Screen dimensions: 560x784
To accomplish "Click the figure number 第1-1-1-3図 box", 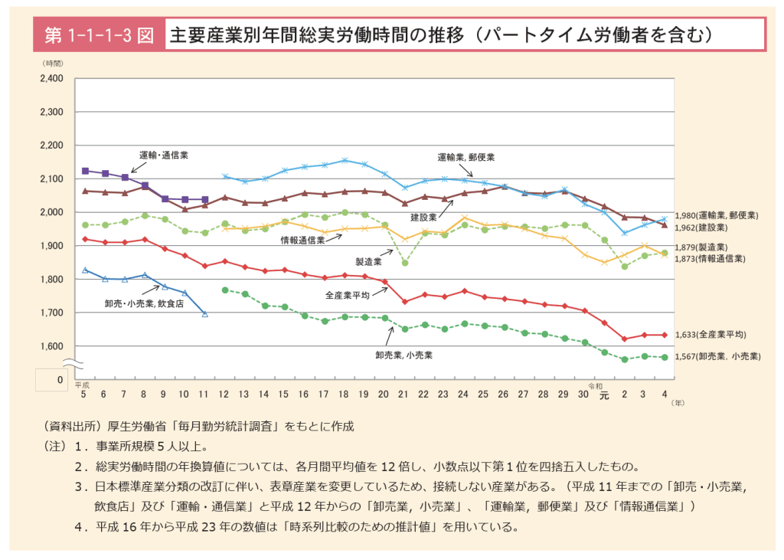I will click(x=99, y=35).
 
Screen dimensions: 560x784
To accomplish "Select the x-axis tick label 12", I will click(x=224, y=394).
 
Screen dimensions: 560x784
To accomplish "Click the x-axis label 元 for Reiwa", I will click(x=603, y=395).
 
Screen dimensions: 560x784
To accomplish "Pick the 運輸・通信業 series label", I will click(x=163, y=155).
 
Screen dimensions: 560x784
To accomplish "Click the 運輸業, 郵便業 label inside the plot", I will click(x=465, y=157).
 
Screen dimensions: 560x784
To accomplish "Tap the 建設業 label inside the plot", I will click(x=423, y=218).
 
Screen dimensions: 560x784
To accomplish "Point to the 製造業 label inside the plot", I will click(x=367, y=260).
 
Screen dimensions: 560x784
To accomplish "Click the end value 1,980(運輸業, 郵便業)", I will click(x=717, y=216).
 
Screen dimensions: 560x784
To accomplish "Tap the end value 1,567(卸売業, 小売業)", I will click(x=717, y=356).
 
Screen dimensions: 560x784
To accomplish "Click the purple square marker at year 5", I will click(x=85, y=171).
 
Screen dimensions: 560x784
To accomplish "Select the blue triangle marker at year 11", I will click(x=204, y=313).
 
